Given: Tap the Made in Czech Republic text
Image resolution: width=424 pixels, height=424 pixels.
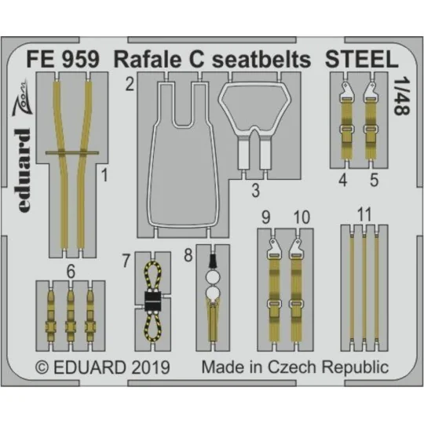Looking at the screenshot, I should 294,366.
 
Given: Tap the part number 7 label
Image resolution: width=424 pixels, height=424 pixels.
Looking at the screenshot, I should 127,258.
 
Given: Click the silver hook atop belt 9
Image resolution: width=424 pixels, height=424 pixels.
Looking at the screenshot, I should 269,249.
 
